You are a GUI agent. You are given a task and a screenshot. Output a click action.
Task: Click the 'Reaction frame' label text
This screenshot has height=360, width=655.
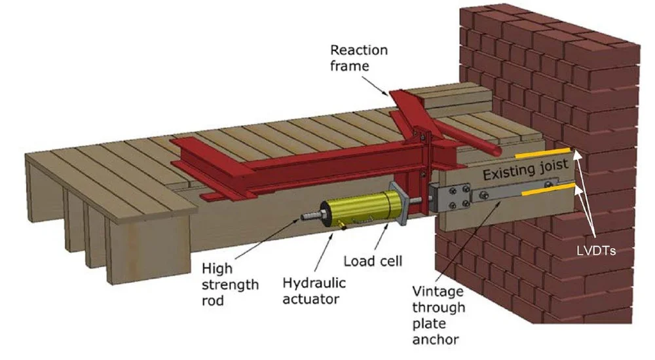point(359,58)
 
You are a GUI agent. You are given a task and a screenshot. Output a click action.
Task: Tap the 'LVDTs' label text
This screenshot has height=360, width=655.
point(591,251)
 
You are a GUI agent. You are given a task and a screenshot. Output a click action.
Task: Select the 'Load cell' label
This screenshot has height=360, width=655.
point(373,261)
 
